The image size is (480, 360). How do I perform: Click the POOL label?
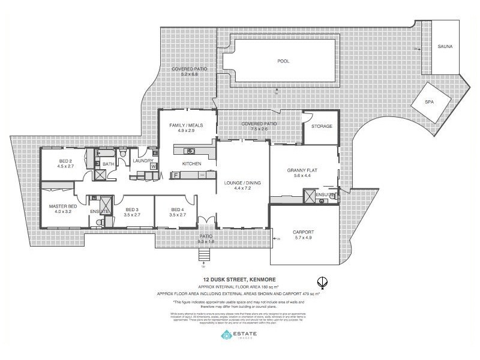point(283,61)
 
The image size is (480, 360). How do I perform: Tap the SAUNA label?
point(445,46)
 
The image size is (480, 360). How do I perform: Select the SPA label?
point(428,102)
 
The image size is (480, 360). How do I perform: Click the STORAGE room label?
point(321,126)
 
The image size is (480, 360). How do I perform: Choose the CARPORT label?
point(304,232)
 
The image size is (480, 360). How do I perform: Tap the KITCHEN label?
point(192,164)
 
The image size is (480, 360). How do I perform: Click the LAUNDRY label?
point(143,161)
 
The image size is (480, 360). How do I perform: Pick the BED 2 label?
point(65,161)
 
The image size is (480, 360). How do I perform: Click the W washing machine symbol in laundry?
point(154,167)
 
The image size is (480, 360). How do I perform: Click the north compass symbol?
point(322,281)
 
